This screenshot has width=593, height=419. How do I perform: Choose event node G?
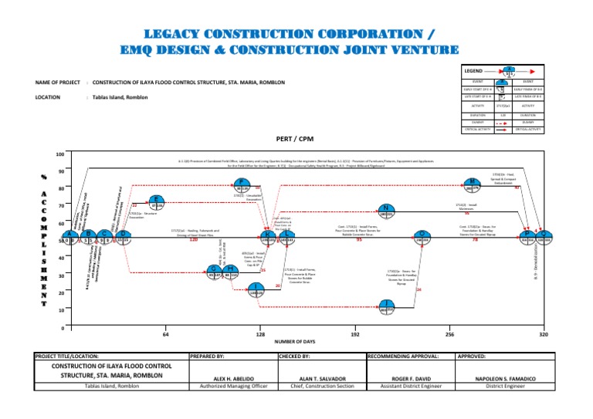(215, 271)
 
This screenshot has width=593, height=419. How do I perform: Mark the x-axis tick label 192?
(354, 335)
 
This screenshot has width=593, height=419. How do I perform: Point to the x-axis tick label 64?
(165, 335)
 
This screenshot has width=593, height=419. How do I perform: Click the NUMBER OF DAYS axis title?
(303, 342)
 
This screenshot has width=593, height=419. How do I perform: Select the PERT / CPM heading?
(297, 140)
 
